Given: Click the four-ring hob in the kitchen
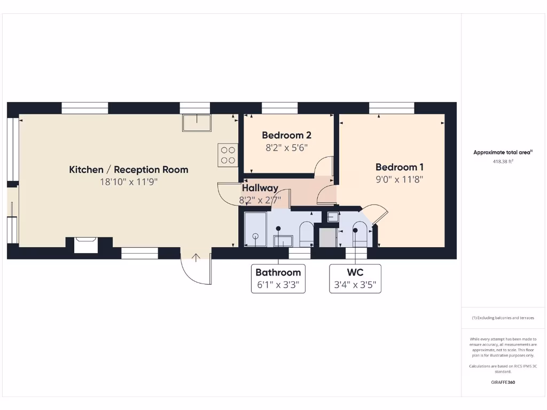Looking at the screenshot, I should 228,155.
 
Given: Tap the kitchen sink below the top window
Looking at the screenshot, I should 197,123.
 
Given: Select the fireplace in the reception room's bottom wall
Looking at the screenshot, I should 85,245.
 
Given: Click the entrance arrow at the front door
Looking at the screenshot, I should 196,257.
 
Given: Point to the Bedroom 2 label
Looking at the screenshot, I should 286,136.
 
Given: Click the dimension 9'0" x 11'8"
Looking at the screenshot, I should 399,180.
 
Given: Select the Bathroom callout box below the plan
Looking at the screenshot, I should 278,278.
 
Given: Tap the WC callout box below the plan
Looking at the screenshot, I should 355,278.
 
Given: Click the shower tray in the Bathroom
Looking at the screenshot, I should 255,230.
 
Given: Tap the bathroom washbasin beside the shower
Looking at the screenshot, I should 283,240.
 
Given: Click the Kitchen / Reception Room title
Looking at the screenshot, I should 129,170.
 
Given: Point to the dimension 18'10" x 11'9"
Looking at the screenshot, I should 129,182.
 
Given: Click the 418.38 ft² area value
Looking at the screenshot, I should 503,161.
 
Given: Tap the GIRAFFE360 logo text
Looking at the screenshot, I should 503,382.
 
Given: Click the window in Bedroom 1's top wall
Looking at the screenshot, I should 392,108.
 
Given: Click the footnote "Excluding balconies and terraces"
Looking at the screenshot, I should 503,318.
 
